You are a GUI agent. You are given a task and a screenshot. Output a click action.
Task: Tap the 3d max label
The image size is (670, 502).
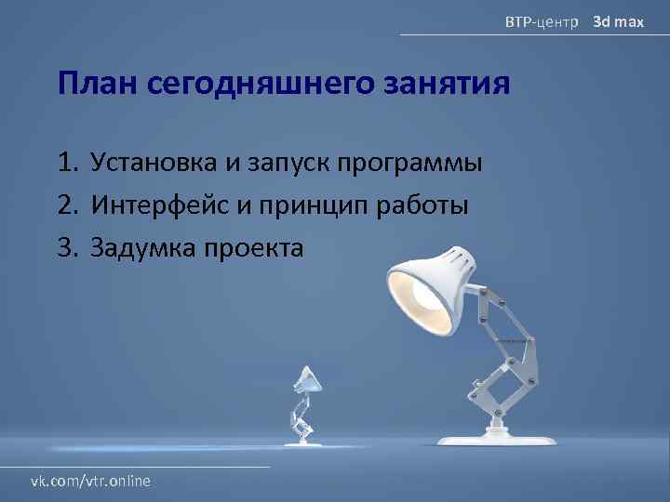click(x=619, y=20)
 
